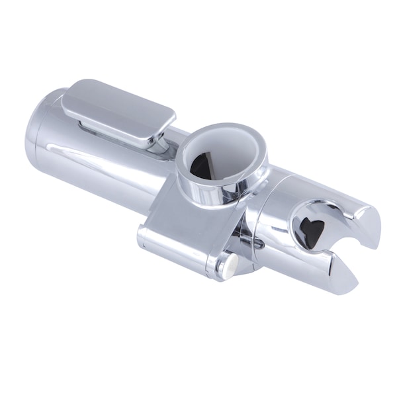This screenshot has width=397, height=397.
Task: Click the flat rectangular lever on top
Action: pyautogui.click(x=119, y=109)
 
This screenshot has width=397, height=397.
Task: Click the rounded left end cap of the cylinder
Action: pyautogui.click(x=36, y=142)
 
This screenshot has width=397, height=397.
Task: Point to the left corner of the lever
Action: pyautogui.click(x=66, y=99)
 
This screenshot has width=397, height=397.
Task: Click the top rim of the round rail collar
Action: pyautogui.click(x=222, y=130)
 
